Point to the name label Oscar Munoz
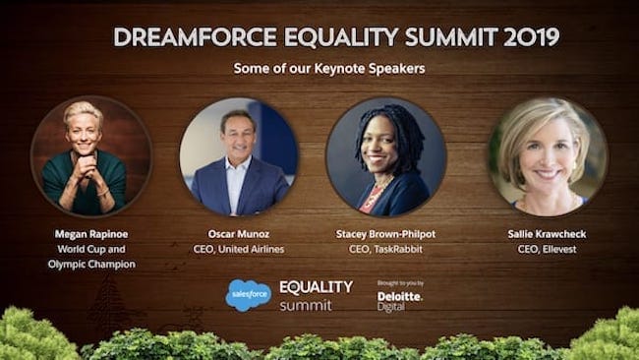239,235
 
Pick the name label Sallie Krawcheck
548,235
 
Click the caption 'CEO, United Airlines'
239,250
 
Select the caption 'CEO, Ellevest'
548,250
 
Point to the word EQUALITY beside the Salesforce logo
316,287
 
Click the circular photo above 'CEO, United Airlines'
239,156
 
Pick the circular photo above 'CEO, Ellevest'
548,156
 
